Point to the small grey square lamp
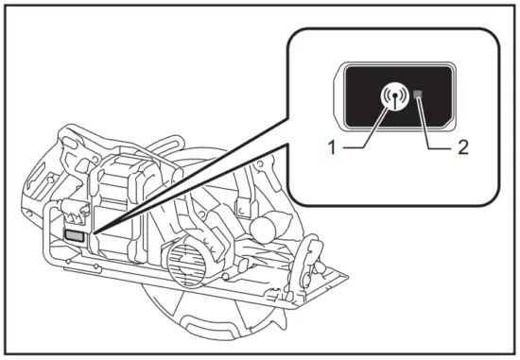point(418,95)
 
